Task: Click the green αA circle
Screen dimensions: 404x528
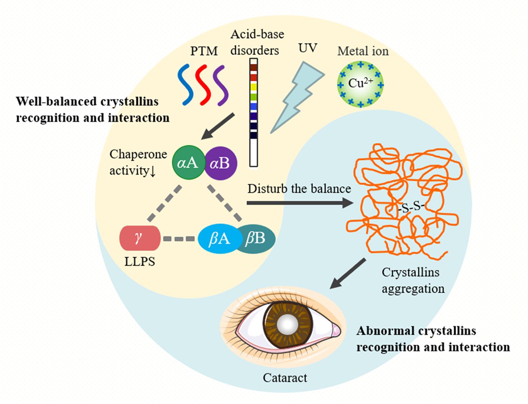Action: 188,163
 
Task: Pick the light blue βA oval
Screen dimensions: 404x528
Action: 218,238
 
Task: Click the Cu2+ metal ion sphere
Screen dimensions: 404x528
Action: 360,84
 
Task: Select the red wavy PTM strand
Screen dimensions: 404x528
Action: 204,85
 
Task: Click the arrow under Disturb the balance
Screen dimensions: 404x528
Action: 299,203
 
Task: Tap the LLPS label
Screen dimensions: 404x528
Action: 140,261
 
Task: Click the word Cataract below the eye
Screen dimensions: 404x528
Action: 285,378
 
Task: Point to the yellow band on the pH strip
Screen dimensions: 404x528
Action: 254,87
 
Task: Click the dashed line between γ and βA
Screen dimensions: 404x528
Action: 179,239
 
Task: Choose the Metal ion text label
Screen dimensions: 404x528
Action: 363,51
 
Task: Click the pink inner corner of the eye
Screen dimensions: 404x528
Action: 336,330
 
